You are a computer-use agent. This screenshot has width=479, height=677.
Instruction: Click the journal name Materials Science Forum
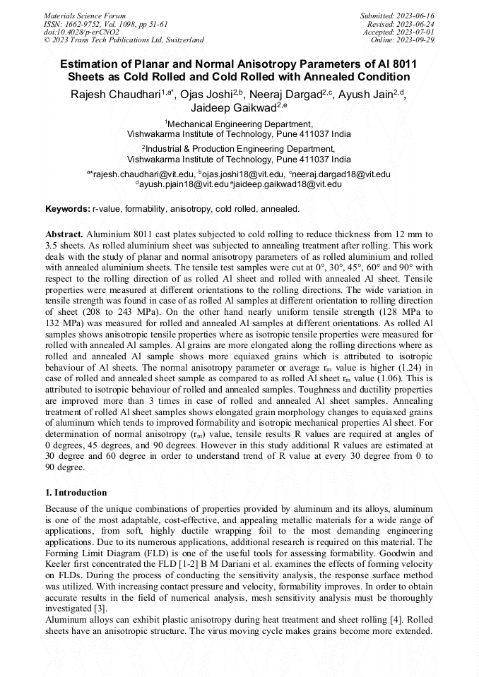(x=85, y=16)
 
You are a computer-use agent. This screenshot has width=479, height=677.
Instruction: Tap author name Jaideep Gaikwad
(x=234, y=108)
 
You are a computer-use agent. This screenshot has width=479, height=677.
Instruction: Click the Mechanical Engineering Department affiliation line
(x=239, y=124)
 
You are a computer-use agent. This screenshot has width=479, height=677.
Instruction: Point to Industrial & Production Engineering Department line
(x=239, y=149)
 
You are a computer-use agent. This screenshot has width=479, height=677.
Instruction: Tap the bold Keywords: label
(x=67, y=210)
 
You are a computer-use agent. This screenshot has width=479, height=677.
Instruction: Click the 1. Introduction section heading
(x=76, y=492)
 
